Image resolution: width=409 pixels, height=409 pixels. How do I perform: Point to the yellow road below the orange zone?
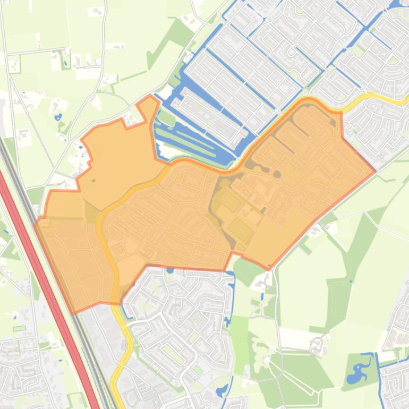pyautogui.click(x=127, y=345)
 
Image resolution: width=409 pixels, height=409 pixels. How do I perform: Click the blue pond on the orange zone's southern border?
pyautogui.click(x=170, y=270)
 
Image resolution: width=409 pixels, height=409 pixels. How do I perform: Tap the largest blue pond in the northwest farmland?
pyautogui.click(x=57, y=116)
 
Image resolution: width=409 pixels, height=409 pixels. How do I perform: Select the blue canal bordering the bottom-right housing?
pyautogui.click(x=380, y=377)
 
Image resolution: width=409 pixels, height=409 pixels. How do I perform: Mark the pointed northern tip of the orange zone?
pyautogui.click(x=150, y=97)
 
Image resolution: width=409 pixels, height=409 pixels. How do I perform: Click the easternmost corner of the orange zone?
pyautogui.click(x=376, y=171)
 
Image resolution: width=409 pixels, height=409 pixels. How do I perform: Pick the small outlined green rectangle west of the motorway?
pyautogui.click(x=19, y=328)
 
